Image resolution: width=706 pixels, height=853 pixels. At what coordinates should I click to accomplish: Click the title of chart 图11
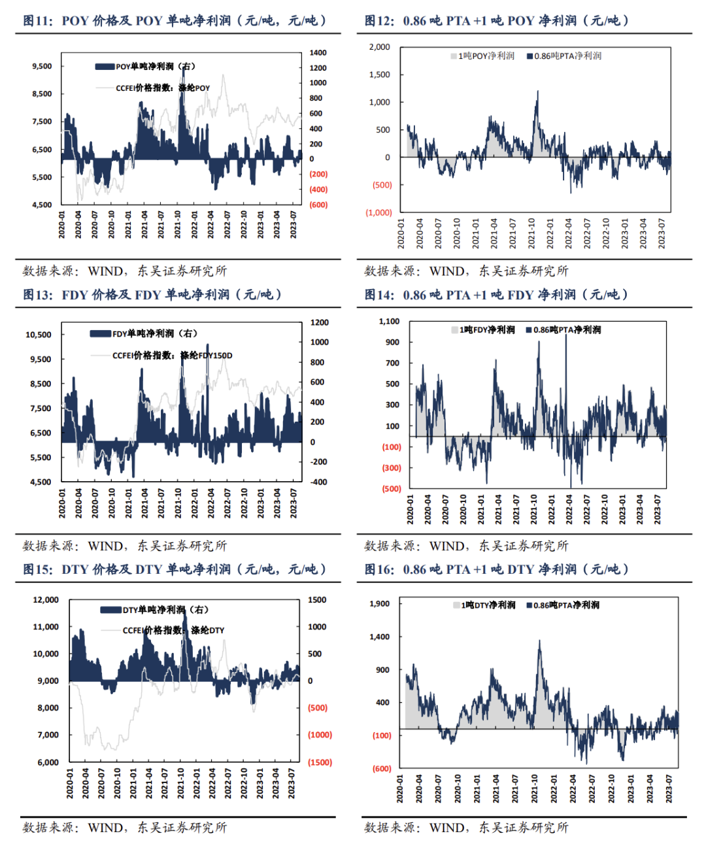[174, 21]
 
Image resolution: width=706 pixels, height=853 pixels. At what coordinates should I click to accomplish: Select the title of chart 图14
[496, 295]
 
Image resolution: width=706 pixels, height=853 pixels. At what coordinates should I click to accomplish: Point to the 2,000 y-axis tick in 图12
[379, 47]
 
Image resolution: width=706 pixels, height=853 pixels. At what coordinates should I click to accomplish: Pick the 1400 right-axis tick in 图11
[318, 52]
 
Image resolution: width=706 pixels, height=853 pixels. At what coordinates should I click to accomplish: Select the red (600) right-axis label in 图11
[318, 205]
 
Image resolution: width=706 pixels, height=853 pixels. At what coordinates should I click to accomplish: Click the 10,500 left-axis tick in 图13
[38, 335]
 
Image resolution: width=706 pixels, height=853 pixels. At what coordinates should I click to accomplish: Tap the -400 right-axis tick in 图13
[318, 482]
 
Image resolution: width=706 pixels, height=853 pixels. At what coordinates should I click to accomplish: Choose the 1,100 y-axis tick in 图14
[389, 321]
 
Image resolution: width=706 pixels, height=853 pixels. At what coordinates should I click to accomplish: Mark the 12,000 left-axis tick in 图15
[46, 599]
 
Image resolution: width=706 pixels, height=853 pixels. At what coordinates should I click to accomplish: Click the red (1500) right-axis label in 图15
[320, 762]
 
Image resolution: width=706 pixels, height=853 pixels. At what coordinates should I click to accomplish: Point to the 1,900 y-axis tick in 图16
[380, 603]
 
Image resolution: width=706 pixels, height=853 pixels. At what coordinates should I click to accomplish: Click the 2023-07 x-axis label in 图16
[669, 789]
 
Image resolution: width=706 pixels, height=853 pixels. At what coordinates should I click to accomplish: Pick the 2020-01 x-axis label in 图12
[401, 233]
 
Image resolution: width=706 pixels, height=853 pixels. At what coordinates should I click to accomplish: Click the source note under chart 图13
[125, 546]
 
